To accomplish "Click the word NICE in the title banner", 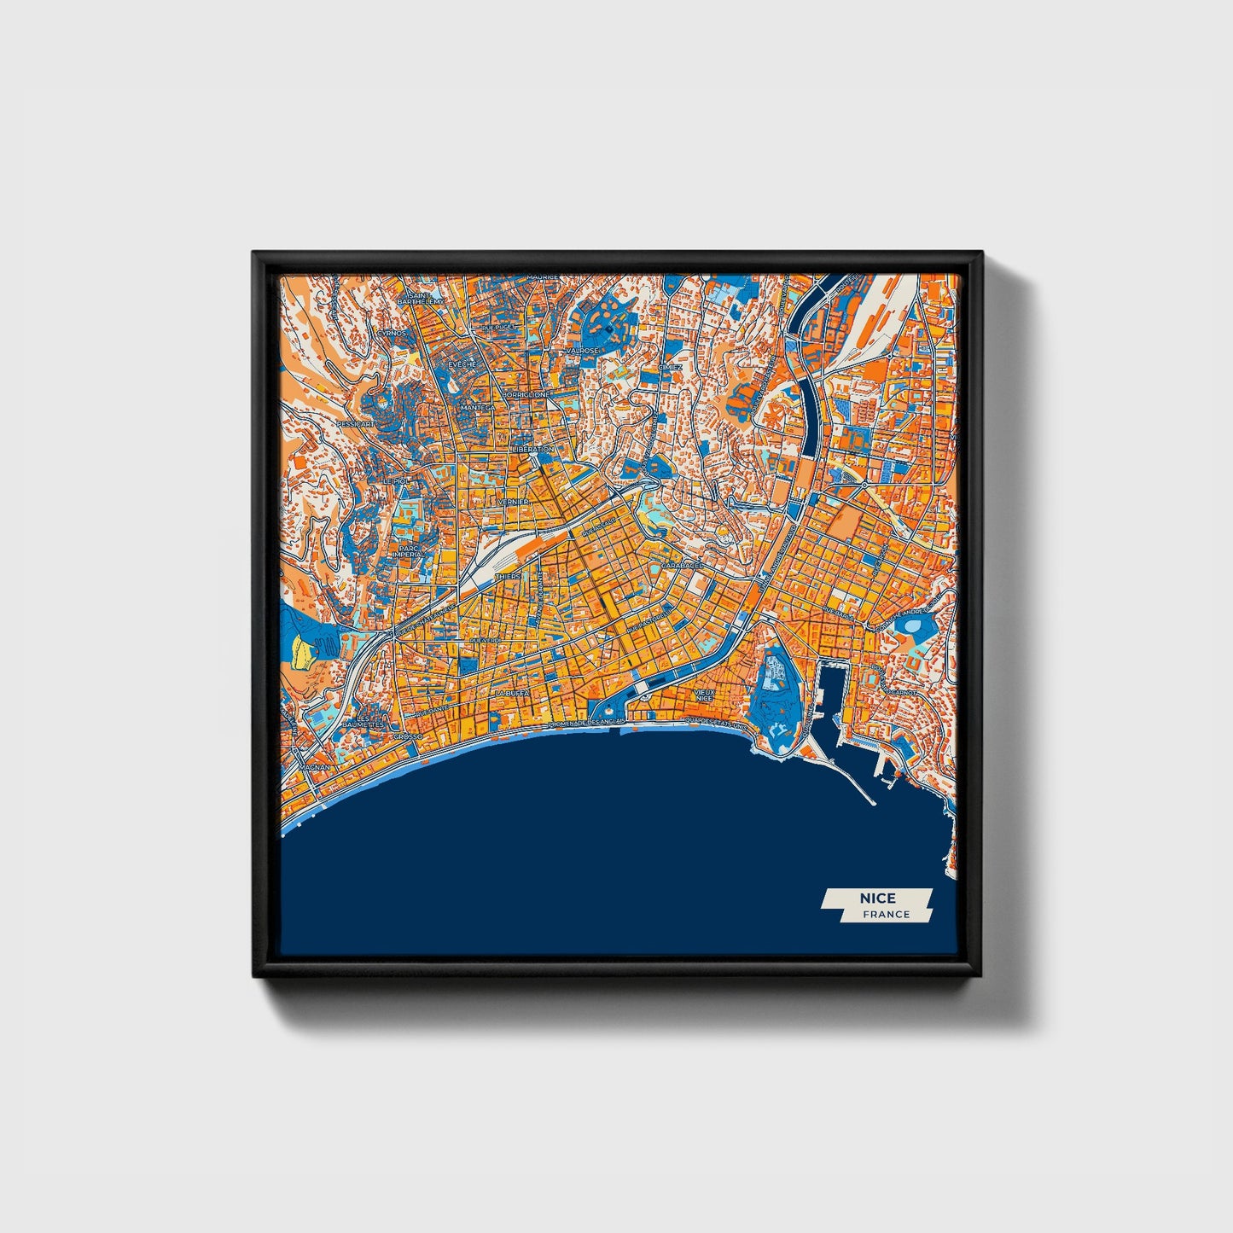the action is click(x=877, y=899).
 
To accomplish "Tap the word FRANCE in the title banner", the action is click(x=886, y=915).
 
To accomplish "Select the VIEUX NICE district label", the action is click(x=704, y=695).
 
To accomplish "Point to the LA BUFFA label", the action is click(x=512, y=693).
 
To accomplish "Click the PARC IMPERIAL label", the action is click(x=410, y=552).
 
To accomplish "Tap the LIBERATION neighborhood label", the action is click(x=533, y=449).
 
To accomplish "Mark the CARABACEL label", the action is click(x=682, y=565).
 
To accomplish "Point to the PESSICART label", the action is click(x=355, y=423).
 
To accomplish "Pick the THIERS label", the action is click(x=507, y=577).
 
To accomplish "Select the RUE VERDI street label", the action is click(x=485, y=639).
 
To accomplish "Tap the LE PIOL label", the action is click(x=396, y=482).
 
